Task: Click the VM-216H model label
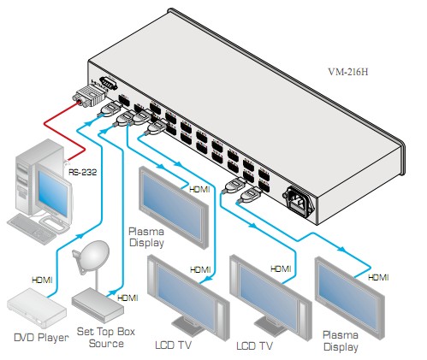tap(348, 72)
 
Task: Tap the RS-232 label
tap(83, 172)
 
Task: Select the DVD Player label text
tap(41, 338)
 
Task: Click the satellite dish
tap(92, 257)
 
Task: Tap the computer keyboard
tap(32, 229)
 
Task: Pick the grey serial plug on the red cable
tap(89, 97)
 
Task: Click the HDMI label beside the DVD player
tap(42, 280)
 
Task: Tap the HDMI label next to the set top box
tap(128, 298)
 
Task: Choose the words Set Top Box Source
tap(106, 338)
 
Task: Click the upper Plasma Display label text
tap(146, 237)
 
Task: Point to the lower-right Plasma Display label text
tap(341, 341)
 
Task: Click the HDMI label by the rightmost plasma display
tap(378, 277)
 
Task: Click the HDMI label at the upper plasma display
tap(199, 189)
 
